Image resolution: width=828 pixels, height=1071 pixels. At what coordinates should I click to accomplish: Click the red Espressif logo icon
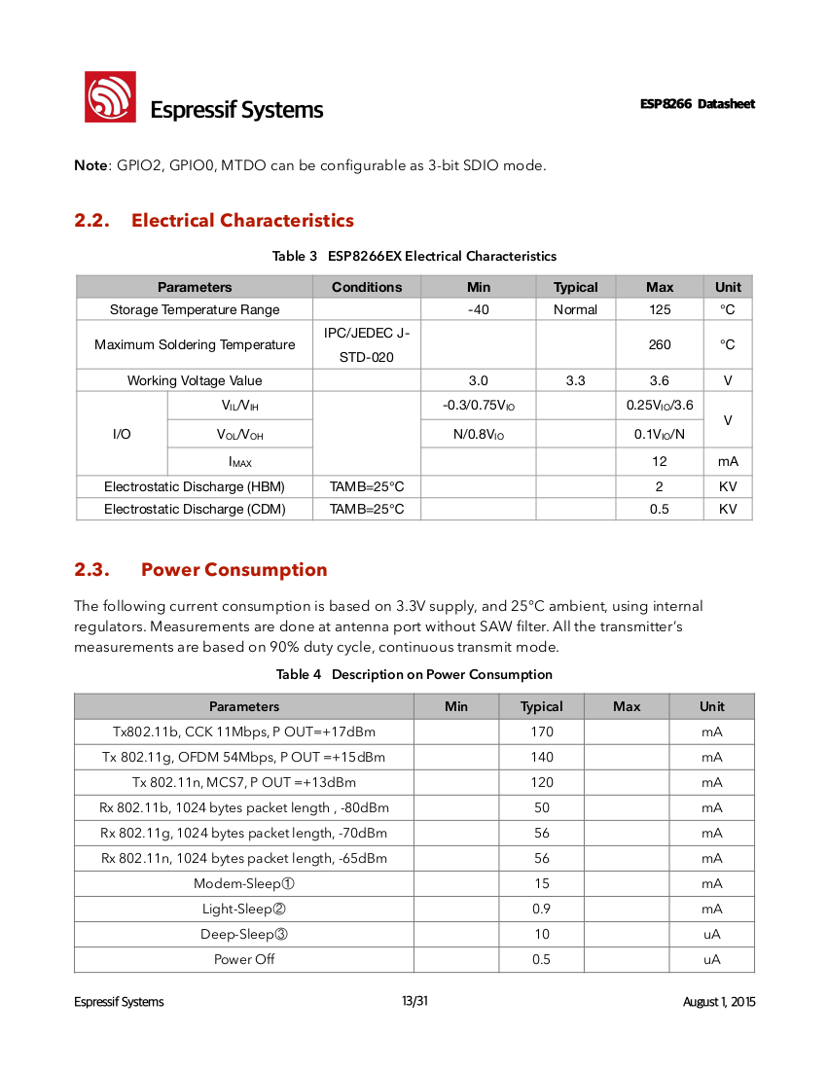pyautogui.click(x=109, y=97)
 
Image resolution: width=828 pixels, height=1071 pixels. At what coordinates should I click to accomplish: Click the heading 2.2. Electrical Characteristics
pyautogui.click(x=214, y=221)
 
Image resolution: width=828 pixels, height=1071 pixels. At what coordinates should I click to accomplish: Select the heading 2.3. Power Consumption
pyautogui.click(x=200, y=570)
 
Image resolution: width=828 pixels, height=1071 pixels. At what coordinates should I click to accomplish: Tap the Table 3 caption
pyautogui.click(x=414, y=257)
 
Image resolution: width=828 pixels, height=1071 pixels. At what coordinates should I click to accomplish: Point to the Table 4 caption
pyautogui.click(x=414, y=675)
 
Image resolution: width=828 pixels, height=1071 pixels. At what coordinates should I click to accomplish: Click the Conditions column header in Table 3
pyautogui.click(x=367, y=287)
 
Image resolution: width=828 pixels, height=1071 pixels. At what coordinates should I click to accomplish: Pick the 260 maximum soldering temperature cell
pyautogui.click(x=660, y=345)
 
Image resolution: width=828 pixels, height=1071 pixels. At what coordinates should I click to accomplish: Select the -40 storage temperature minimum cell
pyautogui.click(x=479, y=310)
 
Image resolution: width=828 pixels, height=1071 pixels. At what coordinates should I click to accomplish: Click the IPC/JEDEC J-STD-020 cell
pyautogui.click(x=367, y=345)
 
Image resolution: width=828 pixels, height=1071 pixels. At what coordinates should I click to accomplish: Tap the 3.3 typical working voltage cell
pyautogui.click(x=576, y=381)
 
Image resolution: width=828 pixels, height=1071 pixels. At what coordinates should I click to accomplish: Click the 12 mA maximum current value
pyautogui.click(x=660, y=462)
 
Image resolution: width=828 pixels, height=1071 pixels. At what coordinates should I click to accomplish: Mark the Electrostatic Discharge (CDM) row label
pyautogui.click(x=195, y=510)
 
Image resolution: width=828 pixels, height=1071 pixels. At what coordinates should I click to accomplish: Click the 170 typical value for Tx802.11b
pyautogui.click(x=542, y=732)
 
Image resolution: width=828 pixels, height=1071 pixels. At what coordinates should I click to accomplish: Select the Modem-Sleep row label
pyautogui.click(x=244, y=883)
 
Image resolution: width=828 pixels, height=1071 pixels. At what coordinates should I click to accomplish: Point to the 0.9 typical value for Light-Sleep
pyautogui.click(x=542, y=909)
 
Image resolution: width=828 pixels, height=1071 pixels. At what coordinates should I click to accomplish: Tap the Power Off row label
pyautogui.click(x=244, y=959)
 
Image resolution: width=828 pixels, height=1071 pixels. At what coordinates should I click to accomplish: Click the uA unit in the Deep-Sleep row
pyautogui.click(x=712, y=934)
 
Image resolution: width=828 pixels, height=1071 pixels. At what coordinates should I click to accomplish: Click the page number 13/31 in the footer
pyautogui.click(x=414, y=1002)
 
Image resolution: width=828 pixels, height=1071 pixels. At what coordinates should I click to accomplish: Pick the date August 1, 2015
pyautogui.click(x=719, y=1002)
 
